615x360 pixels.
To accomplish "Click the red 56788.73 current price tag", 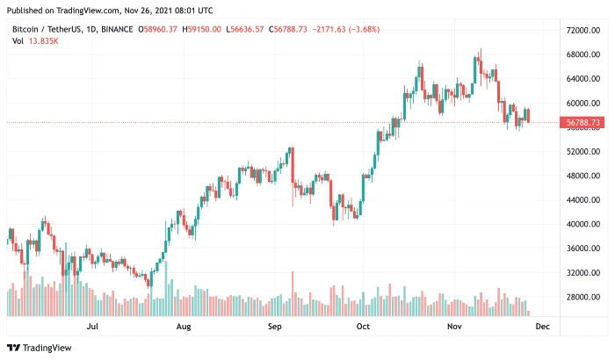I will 583,123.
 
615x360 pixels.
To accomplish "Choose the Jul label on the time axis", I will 93,326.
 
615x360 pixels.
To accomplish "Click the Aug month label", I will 183,326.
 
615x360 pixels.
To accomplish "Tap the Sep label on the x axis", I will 273,326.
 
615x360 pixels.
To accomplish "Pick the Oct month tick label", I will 363,326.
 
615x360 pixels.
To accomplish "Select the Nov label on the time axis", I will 454,326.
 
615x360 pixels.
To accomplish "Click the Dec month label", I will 542,326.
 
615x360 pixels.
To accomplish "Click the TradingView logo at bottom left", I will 41,348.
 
